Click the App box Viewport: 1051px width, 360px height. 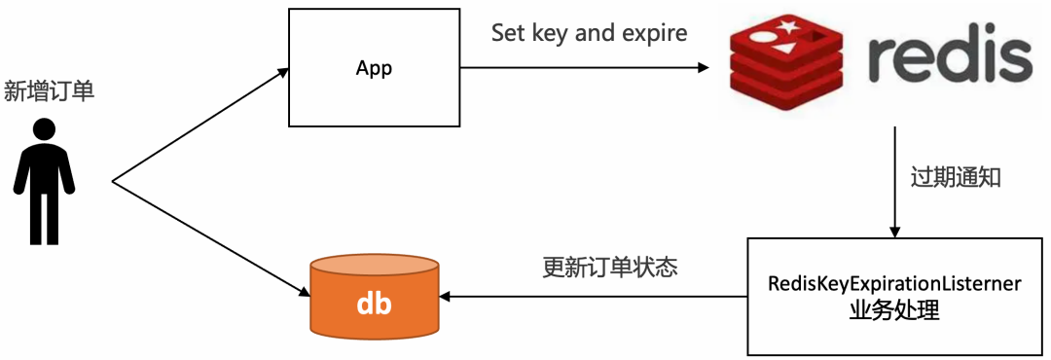375,67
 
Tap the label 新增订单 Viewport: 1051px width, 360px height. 50,91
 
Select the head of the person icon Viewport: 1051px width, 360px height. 44,128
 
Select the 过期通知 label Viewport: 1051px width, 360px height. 955,178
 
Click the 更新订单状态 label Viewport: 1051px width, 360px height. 609,269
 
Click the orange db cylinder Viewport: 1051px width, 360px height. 374,295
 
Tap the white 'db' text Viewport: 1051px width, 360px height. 374,304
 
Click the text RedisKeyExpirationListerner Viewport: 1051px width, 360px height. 894,284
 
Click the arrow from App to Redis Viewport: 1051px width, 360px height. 584,67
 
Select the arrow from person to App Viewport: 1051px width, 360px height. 199,126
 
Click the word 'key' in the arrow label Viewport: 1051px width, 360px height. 553,35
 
